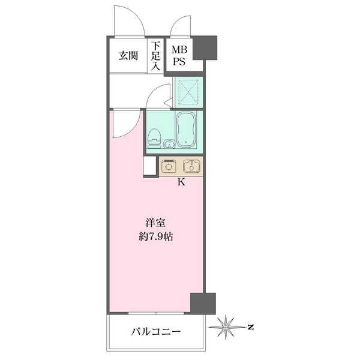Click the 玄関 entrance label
(x=128, y=56)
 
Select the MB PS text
(x=179, y=55)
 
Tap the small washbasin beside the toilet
(x=170, y=143)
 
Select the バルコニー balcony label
(x=155, y=331)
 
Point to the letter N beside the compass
(x=252, y=328)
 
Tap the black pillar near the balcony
(x=202, y=303)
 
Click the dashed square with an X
(x=187, y=94)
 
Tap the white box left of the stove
(x=151, y=166)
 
